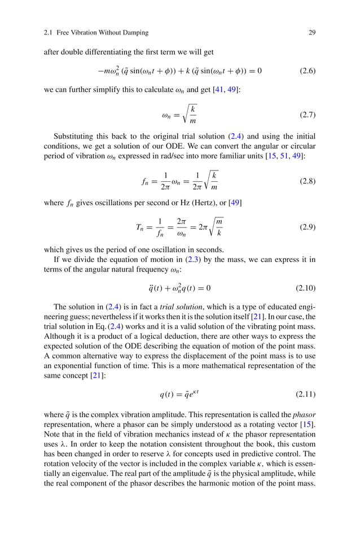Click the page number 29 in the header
click(311, 33)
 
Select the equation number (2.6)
click(307, 71)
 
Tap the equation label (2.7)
click(307, 115)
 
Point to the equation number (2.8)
click(307, 181)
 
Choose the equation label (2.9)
click(307, 228)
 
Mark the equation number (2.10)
click(305, 288)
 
